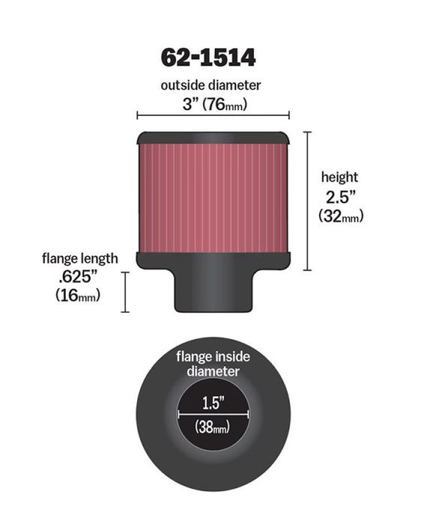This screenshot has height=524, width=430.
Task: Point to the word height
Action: point(339,177)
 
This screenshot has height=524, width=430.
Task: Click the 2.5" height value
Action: point(340,197)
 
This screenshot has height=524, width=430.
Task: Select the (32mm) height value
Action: point(340,217)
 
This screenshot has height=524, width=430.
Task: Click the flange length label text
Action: point(79,259)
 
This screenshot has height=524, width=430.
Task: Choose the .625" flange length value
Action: point(79,278)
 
